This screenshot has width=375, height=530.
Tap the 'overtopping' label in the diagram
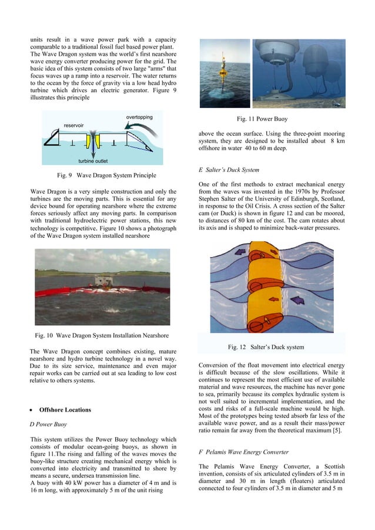pos(139,117)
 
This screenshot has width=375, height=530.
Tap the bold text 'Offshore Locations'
pos(66,409)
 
